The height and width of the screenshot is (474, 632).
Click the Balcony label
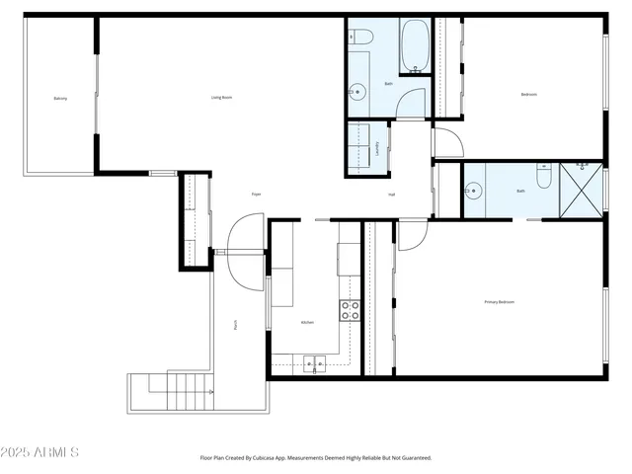click(x=60, y=99)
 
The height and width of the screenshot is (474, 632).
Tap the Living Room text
click(x=221, y=97)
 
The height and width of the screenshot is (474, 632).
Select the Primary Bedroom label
click(x=499, y=301)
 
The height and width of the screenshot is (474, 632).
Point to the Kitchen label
click(x=307, y=323)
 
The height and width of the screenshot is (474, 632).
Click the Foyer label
click(x=256, y=194)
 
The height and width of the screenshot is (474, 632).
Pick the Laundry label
click(x=378, y=149)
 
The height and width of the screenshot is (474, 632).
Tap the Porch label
click(x=235, y=323)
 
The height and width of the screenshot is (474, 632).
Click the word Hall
click(x=391, y=195)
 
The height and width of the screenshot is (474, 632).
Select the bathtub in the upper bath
click(x=414, y=46)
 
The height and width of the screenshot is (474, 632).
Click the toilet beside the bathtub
click(x=361, y=37)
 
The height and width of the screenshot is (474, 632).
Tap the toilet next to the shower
click(x=542, y=177)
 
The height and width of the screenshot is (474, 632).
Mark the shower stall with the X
click(x=581, y=189)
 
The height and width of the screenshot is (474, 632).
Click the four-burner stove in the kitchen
click(x=350, y=311)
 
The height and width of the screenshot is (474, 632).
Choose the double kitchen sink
click(x=315, y=362)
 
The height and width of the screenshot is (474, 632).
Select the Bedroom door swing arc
click(x=446, y=143)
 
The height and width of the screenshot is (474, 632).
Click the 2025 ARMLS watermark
click(x=39, y=452)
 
